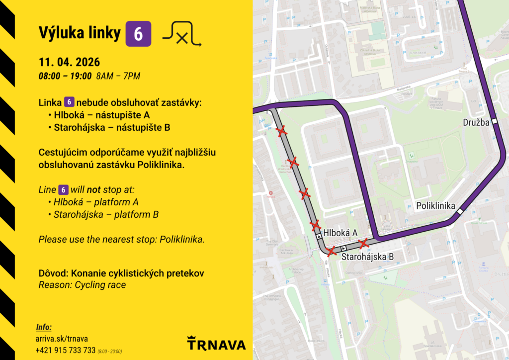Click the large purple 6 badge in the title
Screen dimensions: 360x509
coord(138,34)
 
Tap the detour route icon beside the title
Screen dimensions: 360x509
coord(182,34)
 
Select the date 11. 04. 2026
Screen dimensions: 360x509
coord(69,63)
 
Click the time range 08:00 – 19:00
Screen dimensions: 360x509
coord(65,76)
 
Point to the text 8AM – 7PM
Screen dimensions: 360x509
coord(118,76)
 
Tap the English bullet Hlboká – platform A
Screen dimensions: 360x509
coord(96,202)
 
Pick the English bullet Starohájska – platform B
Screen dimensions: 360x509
coord(106,215)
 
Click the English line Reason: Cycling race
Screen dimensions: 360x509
coord(82,285)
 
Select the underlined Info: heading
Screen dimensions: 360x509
coord(44,327)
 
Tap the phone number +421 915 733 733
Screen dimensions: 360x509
coord(66,350)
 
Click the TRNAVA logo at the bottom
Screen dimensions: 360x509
coord(216,344)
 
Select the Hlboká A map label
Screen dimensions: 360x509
coord(340,233)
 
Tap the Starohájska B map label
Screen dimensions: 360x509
coord(367,257)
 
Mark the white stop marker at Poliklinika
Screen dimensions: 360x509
coord(460,211)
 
